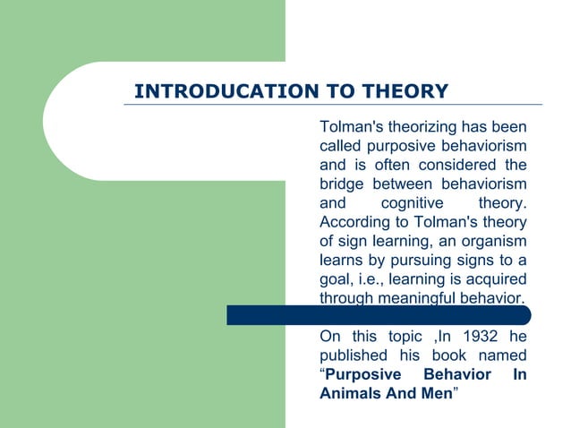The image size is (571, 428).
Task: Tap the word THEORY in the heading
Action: click(404, 91)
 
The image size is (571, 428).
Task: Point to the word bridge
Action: click(342, 184)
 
